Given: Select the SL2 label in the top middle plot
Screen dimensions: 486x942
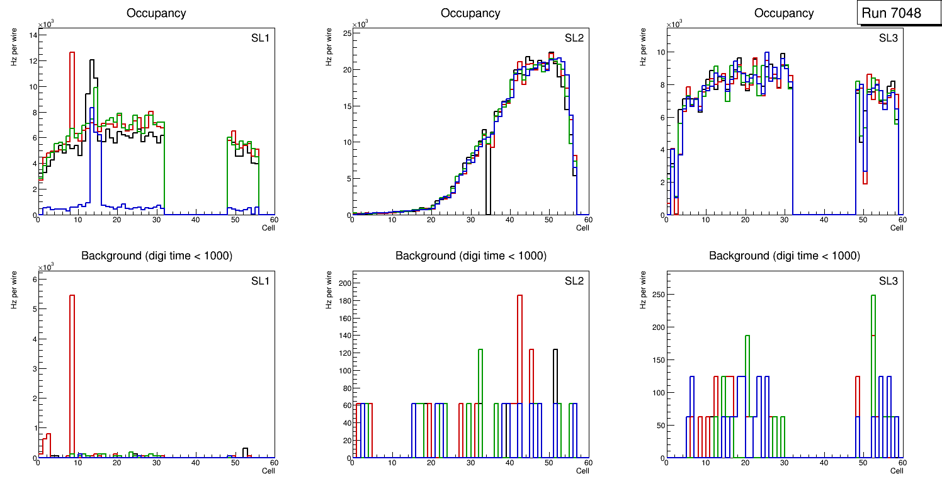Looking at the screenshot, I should click(574, 38).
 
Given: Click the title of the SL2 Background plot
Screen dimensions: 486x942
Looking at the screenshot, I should click(470, 256).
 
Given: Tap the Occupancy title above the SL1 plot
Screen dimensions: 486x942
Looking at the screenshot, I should click(156, 13).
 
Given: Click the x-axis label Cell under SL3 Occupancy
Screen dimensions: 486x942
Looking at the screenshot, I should click(897, 228).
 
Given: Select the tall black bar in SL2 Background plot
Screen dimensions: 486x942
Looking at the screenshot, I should click(555, 378).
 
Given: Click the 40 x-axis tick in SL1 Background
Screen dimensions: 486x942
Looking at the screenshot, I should click(196, 463).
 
